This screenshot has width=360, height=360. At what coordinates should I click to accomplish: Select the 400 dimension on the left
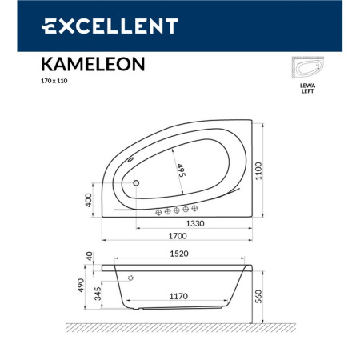pyautogui.click(x=88, y=200)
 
